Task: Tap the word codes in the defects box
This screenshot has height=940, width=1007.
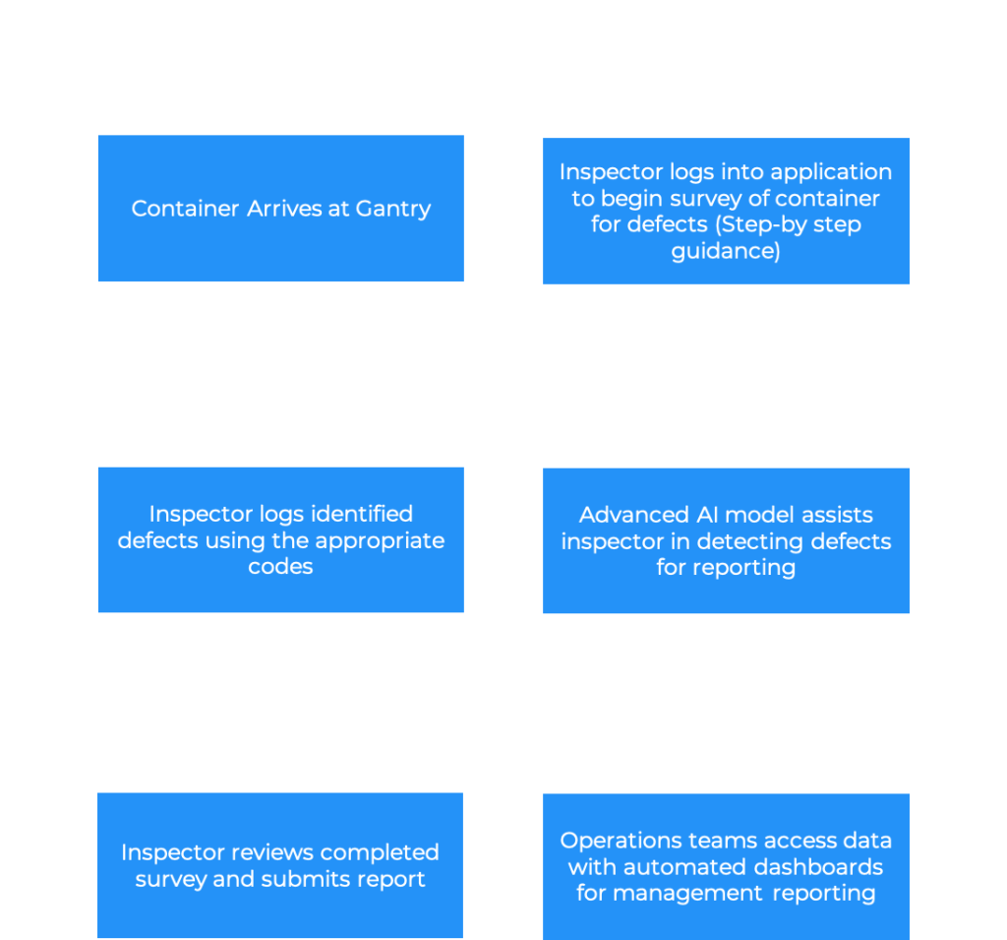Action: click(280, 567)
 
